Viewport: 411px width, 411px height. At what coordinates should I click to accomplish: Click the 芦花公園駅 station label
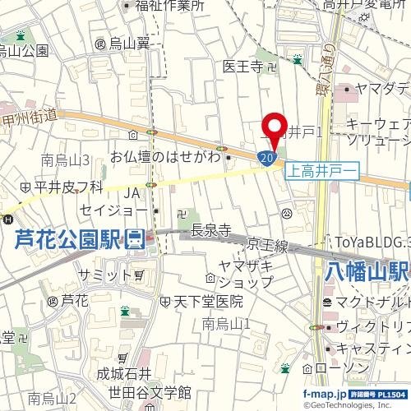[71, 240]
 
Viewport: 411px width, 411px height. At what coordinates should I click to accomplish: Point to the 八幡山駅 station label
[367, 270]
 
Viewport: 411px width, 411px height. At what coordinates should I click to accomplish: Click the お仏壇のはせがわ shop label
[167, 156]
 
